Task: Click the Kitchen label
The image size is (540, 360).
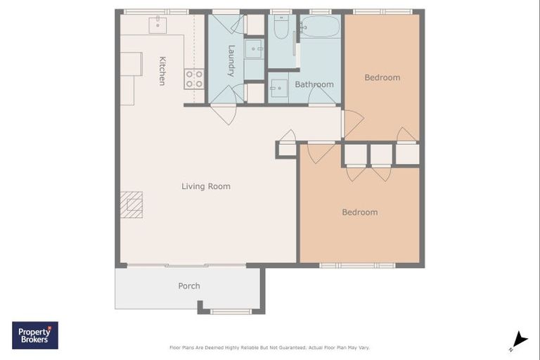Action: [162, 70]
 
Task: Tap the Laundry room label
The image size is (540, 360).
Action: [231, 61]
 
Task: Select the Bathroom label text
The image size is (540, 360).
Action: [314, 84]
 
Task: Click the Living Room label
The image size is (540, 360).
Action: [206, 186]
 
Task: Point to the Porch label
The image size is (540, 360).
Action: [189, 286]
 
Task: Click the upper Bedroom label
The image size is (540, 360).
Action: [382, 77]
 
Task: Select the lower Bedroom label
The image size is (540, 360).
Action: [360, 212]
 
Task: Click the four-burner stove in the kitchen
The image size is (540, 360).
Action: [194, 79]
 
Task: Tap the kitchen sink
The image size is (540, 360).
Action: [157, 25]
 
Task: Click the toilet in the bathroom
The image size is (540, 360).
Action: [281, 27]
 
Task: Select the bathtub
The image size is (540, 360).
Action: [321, 27]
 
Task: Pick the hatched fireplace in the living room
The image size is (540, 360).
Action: [131, 205]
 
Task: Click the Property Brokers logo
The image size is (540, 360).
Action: [35, 335]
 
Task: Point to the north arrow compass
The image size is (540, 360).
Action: [520, 340]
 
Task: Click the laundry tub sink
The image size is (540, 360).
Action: [254, 49]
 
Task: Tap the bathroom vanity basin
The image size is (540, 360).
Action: [278, 88]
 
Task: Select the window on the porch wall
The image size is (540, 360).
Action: [231, 311]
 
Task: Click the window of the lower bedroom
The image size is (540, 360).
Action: [357, 265]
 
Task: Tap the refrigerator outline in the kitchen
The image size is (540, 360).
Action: [131, 64]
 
